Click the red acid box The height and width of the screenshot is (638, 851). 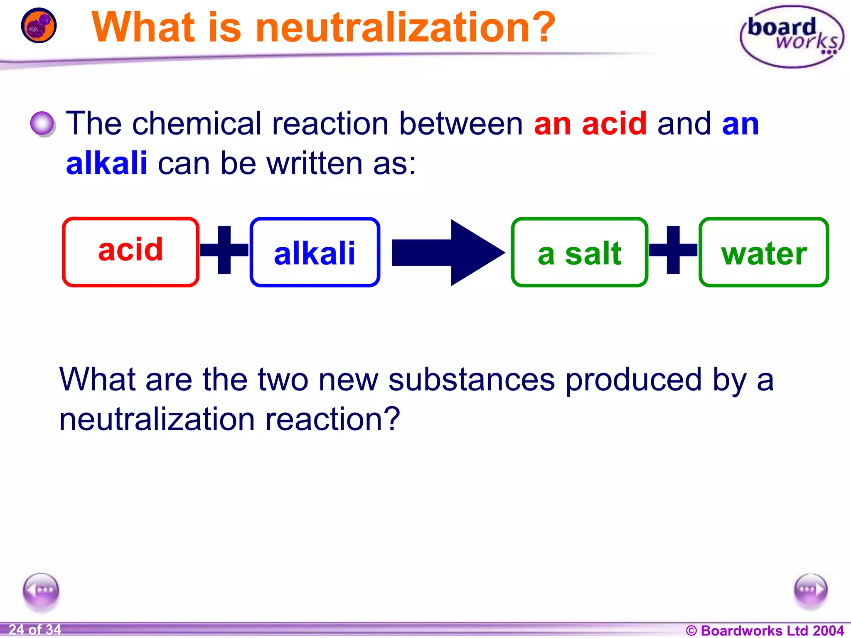pyautogui.click(x=130, y=252)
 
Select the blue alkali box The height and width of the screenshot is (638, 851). pyautogui.click(x=315, y=252)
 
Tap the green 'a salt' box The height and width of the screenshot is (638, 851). pyautogui.click(x=579, y=252)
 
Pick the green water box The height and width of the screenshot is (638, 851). pyautogui.click(x=764, y=252)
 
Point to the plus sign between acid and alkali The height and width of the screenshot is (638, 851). pyautogui.click(x=224, y=250)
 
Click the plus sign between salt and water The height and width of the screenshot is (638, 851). pyautogui.click(x=673, y=250)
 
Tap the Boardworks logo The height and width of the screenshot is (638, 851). pyautogui.click(x=792, y=37)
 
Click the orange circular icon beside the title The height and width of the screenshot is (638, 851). pyautogui.click(x=39, y=25)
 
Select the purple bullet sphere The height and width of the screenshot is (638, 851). pyautogui.click(x=42, y=124)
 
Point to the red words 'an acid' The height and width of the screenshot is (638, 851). pyautogui.click(x=590, y=124)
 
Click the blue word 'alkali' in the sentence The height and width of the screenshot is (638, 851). pyautogui.click(x=107, y=163)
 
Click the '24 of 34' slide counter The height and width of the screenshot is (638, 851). pyautogui.click(x=35, y=630)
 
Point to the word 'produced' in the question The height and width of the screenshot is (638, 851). pyautogui.click(x=633, y=380)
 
